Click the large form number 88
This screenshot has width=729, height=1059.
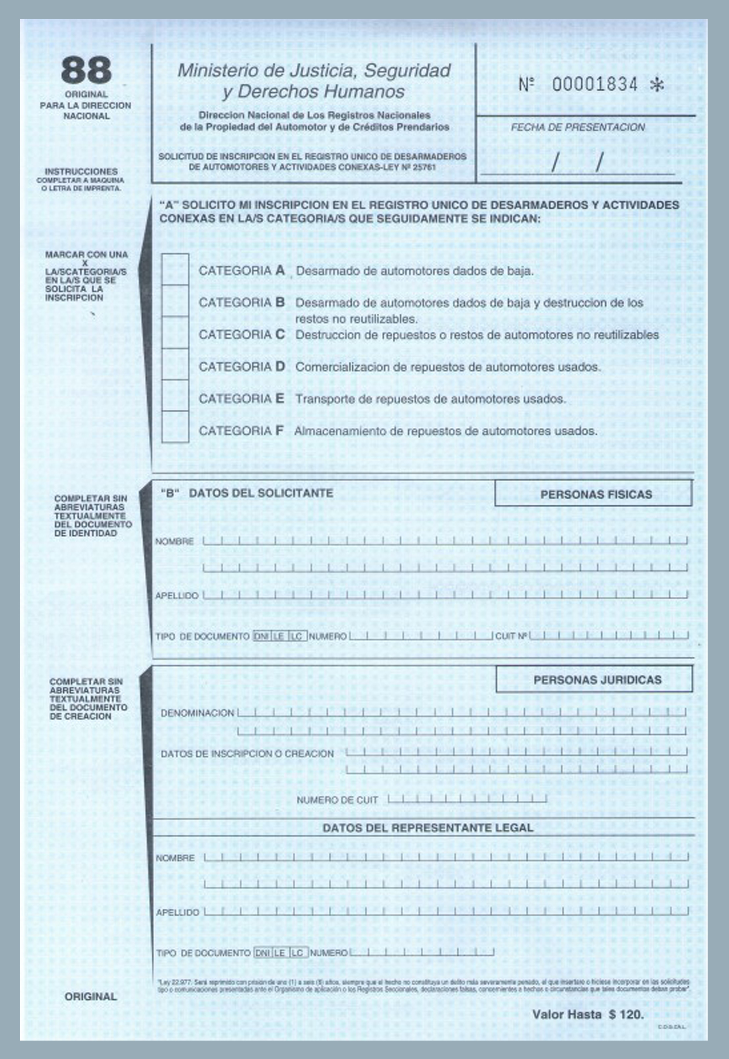click(x=86, y=70)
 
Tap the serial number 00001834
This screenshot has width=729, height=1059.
click(x=594, y=84)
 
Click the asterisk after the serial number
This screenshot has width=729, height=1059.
click(x=657, y=85)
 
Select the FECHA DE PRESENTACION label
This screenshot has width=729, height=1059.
click(x=577, y=127)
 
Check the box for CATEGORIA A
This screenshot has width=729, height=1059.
click(x=175, y=270)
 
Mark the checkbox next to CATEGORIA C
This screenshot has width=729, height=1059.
click(x=175, y=333)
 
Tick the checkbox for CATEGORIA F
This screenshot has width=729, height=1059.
click(x=175, y=428)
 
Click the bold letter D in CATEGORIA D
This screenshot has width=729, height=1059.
click(x=280, y=367)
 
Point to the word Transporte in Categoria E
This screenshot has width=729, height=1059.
click(x=319, y=399)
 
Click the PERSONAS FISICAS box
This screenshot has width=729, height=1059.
click(x=593, y=494)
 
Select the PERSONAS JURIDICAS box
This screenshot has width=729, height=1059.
click(x=594, y=679)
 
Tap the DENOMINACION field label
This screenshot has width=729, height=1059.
click(x=197, y=713)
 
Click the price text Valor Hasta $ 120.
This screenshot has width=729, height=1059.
click(x=587, y=1015)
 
